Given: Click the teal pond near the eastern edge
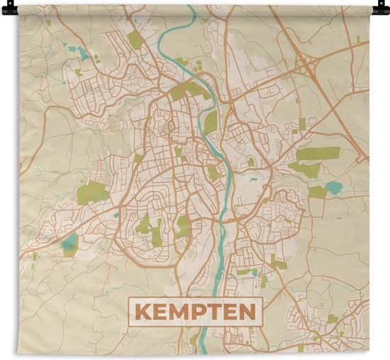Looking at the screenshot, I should click(333, 188).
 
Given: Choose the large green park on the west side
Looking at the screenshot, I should click(93, 192).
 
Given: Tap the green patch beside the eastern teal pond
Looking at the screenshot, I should click(317, 192).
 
